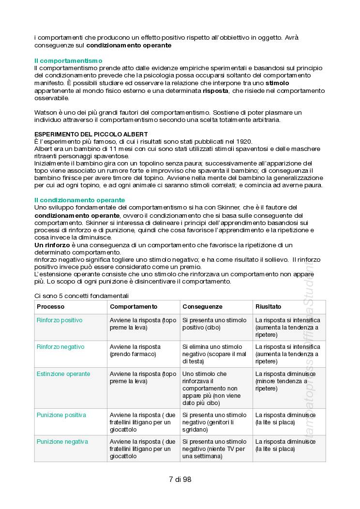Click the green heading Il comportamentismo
[x=68, y=61]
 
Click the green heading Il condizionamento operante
[x=79, y=200]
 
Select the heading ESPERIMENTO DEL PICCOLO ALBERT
[x=91, y=134]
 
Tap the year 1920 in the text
[x=243, y=141]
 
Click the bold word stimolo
[x=278, y=83]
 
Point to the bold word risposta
[x=216, y=90]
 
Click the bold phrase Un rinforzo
[x=52, y=245]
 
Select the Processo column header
[x=50, y=307]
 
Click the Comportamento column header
[x=134, y=307]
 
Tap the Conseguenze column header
[x=202, y=307]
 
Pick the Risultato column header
[x=268, y=307]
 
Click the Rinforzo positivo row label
[x=60, y=320]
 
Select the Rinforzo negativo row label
[x=60, y=347]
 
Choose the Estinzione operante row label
[x=63, y=374]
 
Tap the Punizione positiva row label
[x=61, y=415]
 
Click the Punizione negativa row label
[x=62, y=442]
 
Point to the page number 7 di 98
[x=180, y=480]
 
